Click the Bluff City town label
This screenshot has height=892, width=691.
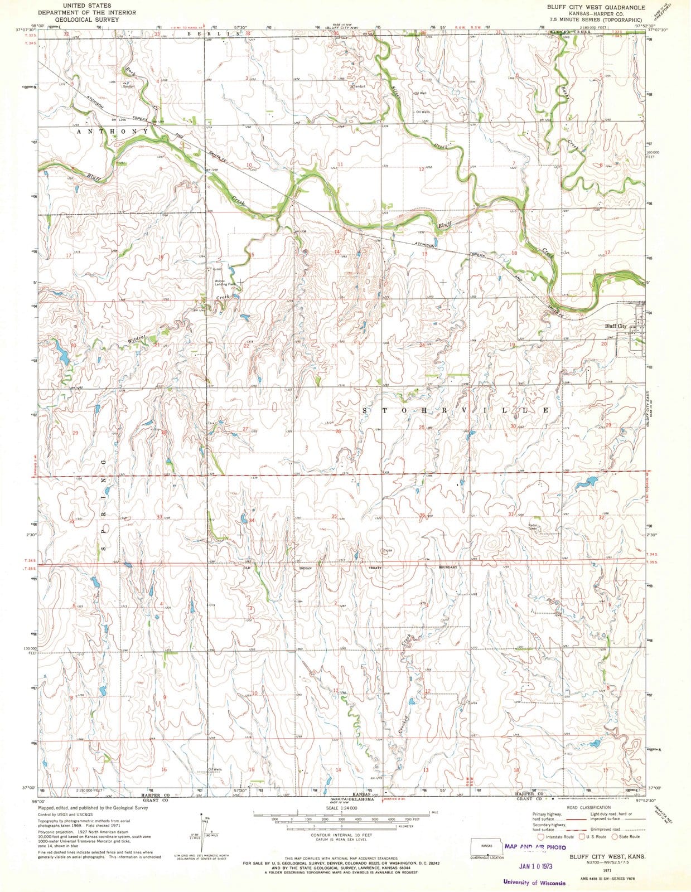click(x=616, y=327)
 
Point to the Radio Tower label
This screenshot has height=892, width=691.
click(x=533, y=527)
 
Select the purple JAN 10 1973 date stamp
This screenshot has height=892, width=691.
click(x=535, y=866)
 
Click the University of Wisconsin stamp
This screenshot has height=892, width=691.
click(x=534, y=883)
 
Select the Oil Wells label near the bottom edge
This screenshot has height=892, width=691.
click(x=215, y=770)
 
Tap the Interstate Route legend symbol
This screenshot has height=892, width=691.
click(x=540, y=852)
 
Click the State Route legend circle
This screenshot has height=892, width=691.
click(x=615, y=852)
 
